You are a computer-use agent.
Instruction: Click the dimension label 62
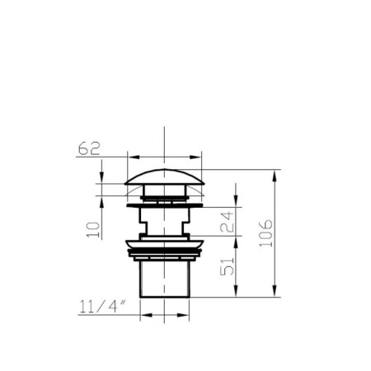click(89, 148)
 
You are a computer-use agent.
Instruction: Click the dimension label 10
click(93, 230)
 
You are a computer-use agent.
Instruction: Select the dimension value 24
click(227, 222)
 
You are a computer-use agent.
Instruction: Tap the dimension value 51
click(227, 266)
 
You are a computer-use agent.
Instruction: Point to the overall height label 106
click(266, 233)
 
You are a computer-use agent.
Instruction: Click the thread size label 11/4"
click(102, 307)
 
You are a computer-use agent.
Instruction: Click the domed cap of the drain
click(164, 177)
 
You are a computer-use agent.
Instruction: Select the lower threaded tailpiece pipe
click(165, 279)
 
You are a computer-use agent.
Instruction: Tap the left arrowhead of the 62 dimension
click(134, 157)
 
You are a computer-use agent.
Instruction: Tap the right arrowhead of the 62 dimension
click(195, 157)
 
